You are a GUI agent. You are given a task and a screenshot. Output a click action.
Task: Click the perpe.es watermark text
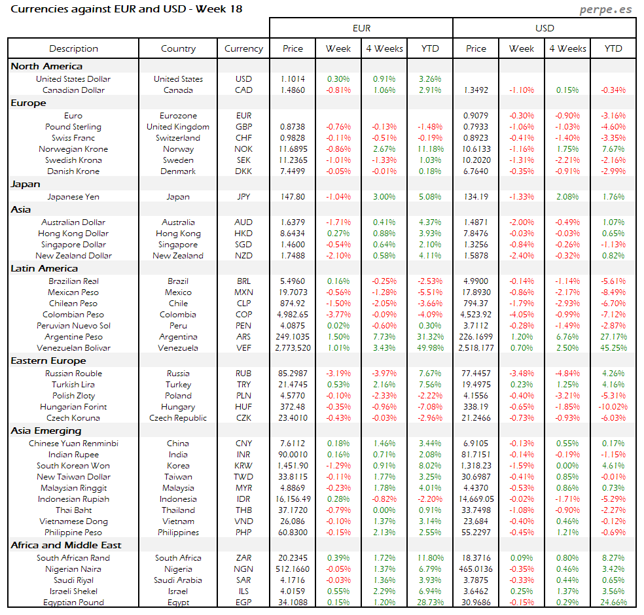pos(607,10)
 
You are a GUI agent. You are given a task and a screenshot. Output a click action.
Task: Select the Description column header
pos(73,48)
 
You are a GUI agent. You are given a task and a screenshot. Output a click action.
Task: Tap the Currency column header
pos(243,48)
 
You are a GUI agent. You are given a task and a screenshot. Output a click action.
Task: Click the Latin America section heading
pos(45,268)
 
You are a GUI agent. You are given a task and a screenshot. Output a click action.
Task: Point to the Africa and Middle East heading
pos(66,545)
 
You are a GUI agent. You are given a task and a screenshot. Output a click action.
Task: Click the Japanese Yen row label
pos(73,196)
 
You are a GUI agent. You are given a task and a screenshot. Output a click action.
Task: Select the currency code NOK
pos(243,149)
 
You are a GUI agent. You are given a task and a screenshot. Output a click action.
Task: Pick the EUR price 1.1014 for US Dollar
pos(293,79)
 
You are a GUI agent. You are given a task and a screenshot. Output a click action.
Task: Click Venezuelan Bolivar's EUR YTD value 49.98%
pos(430,348)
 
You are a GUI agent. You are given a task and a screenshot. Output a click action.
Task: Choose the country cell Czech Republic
pos(178,418)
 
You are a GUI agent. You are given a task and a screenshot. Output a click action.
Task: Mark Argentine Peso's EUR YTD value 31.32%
pos(430,337)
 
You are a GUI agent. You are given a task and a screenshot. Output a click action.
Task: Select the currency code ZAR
pos(243,558)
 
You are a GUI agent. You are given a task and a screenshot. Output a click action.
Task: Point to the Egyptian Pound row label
pos(74,603)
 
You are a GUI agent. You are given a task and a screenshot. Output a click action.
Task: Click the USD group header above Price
pos(545,28)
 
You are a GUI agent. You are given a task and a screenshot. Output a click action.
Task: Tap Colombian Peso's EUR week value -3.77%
pos(338,315)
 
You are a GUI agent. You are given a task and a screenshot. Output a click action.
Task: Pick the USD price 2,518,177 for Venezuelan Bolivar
pos(476,348)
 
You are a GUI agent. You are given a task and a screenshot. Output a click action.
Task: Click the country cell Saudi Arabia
pos(178,580)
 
